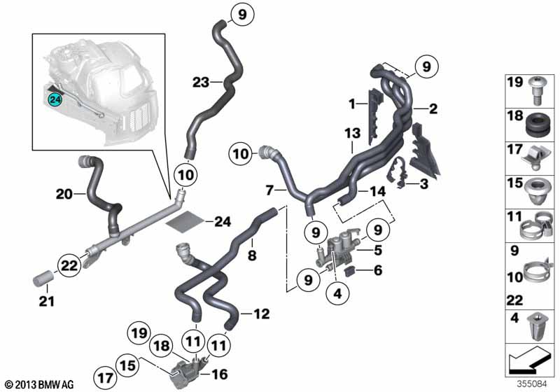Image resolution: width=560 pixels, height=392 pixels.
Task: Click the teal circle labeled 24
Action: (x=53, y=101)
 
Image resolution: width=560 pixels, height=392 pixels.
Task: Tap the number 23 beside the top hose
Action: (x=202, y=83)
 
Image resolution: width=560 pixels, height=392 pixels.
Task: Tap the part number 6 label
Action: (x=377, y=270)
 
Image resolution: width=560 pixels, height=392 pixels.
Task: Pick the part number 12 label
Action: (x=260, y=316)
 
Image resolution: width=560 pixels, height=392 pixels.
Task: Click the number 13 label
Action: (x=351, y=134)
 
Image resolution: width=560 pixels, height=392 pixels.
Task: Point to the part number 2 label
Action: (x=433, y=108)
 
